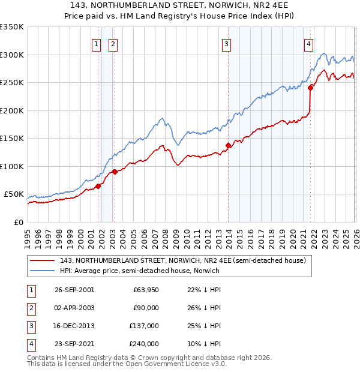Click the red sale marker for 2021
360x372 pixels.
click(311, 88)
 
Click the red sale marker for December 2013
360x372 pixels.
click(228, 145)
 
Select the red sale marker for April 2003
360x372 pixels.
click(115, 172)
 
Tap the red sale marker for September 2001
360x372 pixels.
click(98, 186)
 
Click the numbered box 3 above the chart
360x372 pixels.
click(227, 43)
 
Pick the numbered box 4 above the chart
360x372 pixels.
click(308, 43)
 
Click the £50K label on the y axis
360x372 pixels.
click(14, 194)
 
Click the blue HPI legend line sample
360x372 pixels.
click(43, 271)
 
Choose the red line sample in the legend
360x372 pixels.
click(43, 260)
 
